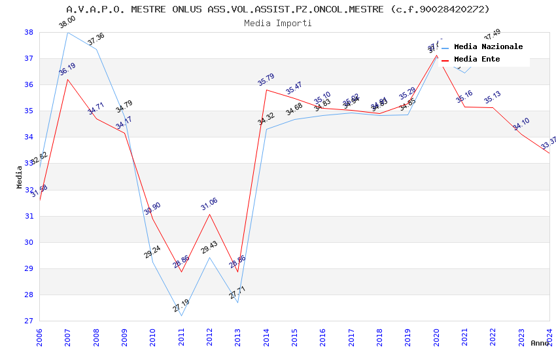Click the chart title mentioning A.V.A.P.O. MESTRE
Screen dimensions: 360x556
pyautogui.click(x=278, y=9)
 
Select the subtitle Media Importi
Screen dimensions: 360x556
pyautogui.click(x=278, y=23)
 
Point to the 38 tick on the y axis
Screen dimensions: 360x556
pyautogui.click(x=29, y=32)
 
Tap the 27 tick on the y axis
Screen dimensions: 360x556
pyautogui.click(x=29, y=321)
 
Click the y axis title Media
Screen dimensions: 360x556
pyautogui.click(x=20, y=177)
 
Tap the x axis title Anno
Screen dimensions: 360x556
pyautogui.click(x=540, y=343)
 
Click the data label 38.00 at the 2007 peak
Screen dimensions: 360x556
pyautogui.click(x=67, y=22)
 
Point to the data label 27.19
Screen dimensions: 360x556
pyautogui.click(x=181, y=306)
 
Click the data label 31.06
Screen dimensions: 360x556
pyautogui.click(x=209, y=204)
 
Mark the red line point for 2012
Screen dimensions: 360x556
pyautogui.click(x=210, y=214)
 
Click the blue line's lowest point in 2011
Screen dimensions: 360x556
pyautogui.click(x=181, y=316)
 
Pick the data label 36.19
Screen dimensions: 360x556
pyautogui.click(x=67, y=69)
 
